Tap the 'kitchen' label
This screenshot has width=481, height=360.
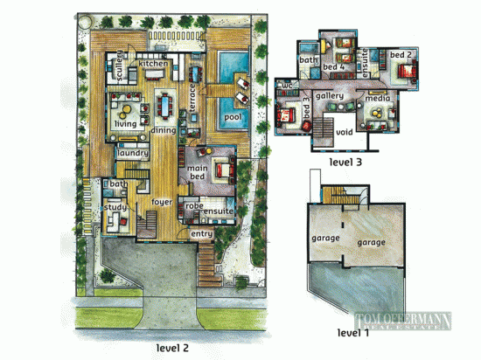(153, 64)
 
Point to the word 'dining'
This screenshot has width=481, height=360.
(164, 130)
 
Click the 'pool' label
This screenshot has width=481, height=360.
(232, 116)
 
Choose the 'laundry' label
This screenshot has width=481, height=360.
(131, 152)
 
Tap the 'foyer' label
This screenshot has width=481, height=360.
(161, 202)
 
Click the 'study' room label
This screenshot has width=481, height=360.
(115, 208)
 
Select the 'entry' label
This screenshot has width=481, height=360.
(201, 233)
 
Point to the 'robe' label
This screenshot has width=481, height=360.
(192, 206)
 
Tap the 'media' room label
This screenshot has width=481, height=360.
(378, 99)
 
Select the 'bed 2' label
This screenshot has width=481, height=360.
(400, 55)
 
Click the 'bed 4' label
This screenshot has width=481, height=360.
(333, 66)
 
